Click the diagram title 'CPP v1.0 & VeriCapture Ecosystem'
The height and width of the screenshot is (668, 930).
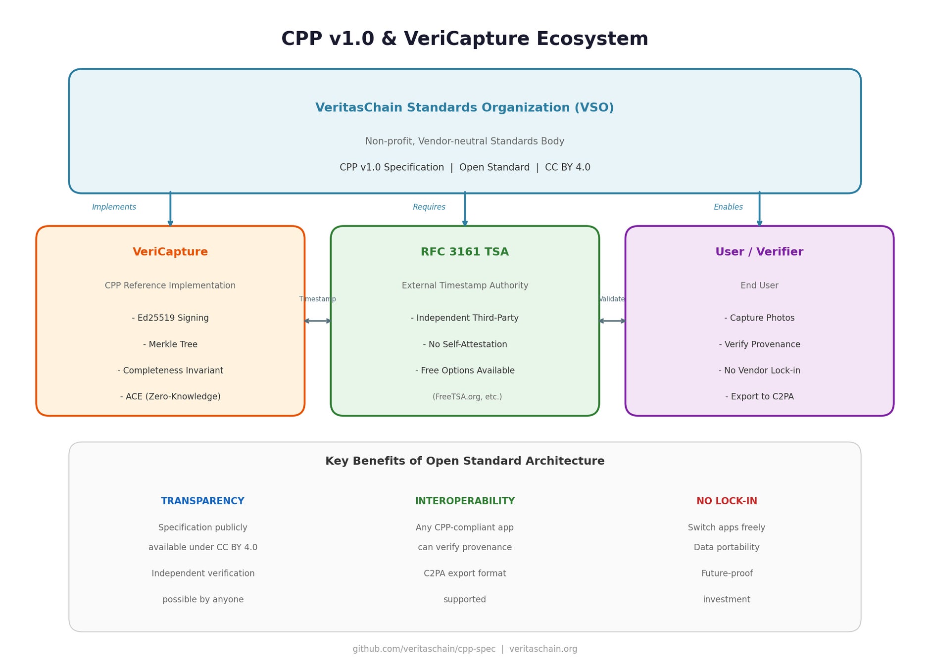pos(464,39)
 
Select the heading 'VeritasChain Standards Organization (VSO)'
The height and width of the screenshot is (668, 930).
pos(464,108)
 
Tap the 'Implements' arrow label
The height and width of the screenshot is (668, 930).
pos(114,207)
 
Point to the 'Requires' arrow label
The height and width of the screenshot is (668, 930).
pos(429,207)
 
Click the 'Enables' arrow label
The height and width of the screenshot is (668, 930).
pos(728,207)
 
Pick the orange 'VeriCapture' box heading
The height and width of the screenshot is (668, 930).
pos(170,252)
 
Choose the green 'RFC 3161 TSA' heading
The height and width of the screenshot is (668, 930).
pos(464,252)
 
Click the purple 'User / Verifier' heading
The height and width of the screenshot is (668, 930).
pos(759,252)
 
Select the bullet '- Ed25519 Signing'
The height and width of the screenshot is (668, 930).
pos(170,318)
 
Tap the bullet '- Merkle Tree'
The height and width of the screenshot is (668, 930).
pos(170,344)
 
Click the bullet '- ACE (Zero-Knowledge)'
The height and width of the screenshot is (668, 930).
pos(170,397)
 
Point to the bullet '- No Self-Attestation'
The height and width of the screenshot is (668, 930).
pos(465,344)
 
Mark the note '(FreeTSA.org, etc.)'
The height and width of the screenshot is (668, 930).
pos(467,397)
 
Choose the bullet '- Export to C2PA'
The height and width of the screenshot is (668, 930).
pos(759,397)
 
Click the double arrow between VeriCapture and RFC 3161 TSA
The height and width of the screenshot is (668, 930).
pos(318,321)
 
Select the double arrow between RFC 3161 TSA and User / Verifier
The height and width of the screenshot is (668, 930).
pos(612,321)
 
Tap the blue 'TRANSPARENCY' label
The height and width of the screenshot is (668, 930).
pos(202,501)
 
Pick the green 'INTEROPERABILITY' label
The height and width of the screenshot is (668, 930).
pos(464,501)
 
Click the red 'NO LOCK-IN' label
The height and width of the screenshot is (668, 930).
pos(726,501)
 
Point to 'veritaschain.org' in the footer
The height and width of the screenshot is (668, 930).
pos(543,649)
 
